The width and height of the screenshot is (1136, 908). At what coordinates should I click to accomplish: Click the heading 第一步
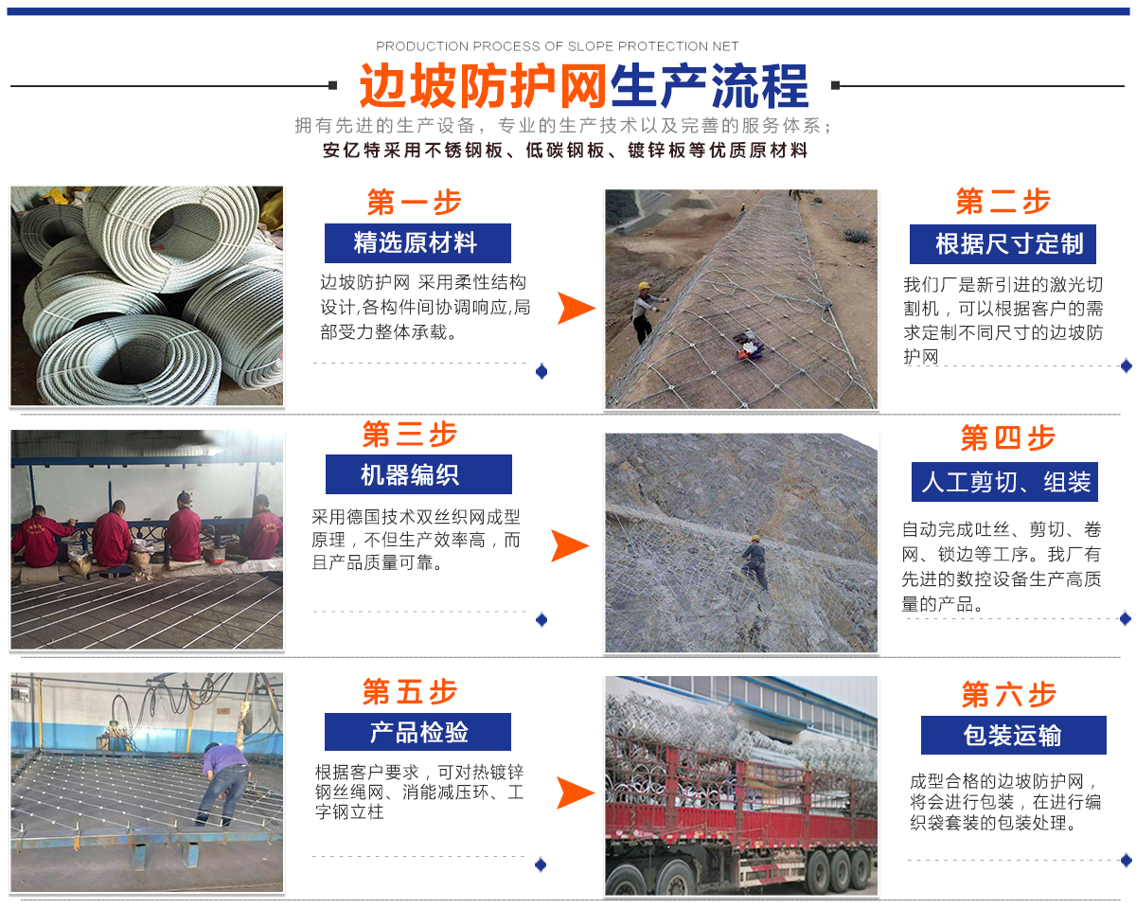(x=415, y=202)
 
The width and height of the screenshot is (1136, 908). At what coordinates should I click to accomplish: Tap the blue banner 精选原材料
(x=417, y=242)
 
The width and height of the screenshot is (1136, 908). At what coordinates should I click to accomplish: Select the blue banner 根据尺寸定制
(x=1003, y=244)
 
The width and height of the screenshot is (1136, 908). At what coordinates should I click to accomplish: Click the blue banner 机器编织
(x=418, y=474)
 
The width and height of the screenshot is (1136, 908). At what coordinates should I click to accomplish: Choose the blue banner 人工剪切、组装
(x=1004, y=482)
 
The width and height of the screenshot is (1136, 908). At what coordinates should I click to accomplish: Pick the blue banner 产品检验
(x=417, y=732)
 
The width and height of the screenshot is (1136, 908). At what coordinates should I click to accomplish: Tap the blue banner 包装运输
(x=1014, y=735)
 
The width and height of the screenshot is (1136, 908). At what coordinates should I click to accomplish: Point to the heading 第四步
(x=1007, y=437)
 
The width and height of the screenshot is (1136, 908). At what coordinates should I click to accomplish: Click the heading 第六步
(x=1009, y=694)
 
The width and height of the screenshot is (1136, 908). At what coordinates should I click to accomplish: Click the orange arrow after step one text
(x=575, y=309)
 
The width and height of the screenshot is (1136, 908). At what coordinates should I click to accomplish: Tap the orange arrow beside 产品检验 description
(x=574, y=792)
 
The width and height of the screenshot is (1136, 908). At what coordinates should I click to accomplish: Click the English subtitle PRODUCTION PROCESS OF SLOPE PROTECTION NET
(x=557, y=46)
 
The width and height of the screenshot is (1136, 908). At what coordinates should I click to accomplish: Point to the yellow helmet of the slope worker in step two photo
(x=644, y=286)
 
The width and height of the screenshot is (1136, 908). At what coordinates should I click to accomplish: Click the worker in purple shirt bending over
(x=224, y=784)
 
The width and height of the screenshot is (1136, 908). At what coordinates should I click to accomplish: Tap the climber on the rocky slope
(x=754, y=562)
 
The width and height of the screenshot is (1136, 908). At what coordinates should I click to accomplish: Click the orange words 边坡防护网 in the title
(x=483, y=85)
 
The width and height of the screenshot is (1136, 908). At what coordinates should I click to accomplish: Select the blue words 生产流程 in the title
(x=709, y=85)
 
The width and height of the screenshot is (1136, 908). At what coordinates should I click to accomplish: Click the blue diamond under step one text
(x=541, y=372)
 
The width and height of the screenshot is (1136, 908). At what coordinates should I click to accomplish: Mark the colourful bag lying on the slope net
(x=749, y=346)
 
